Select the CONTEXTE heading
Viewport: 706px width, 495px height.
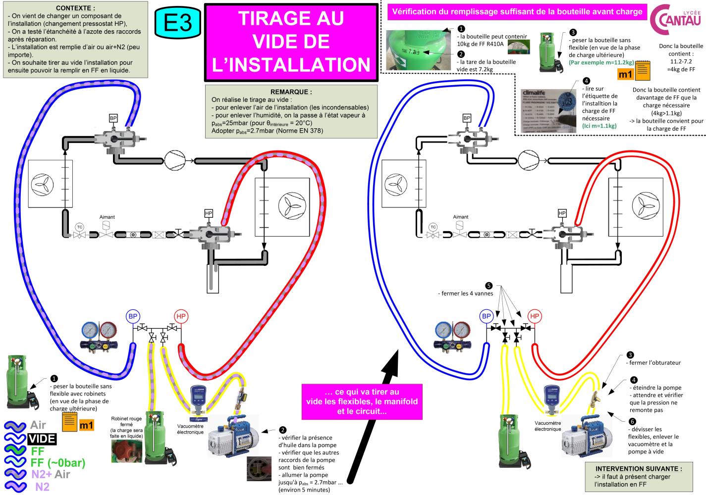tap(75, 8)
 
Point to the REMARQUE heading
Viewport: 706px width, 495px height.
tap(291, 92)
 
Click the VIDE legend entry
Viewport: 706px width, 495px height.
tap(42, 439)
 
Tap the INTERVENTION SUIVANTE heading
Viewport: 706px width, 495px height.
tap(638, 468)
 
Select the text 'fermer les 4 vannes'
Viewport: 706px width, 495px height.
tap(465, 294)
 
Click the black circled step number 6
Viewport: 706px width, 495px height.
tap(631, 422)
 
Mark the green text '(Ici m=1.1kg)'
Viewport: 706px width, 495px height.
tap(599, 126)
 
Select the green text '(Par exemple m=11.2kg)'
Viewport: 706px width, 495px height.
tap(601, 62)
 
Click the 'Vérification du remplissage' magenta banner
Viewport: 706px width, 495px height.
tap(517, 11)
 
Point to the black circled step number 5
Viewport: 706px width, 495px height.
tap(489, 286)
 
